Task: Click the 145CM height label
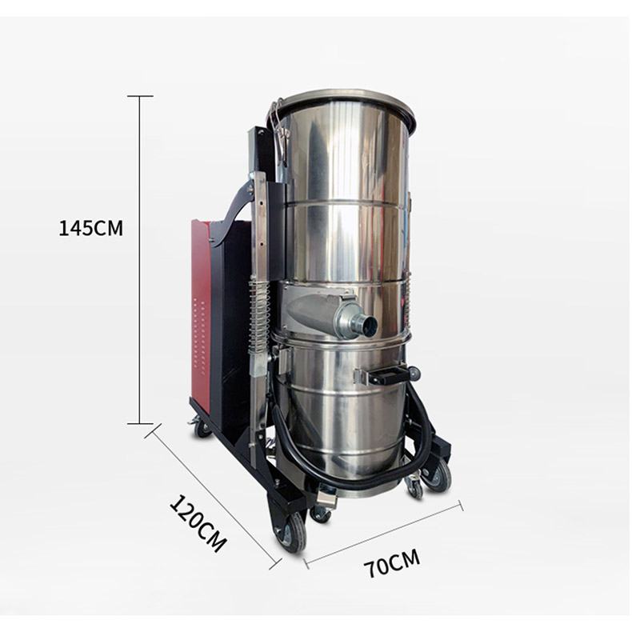click(x=90, y=228)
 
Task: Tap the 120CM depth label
click(x=198, y=523)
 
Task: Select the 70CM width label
click(x=392, y=562)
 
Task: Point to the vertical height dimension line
click(x=140, y=259)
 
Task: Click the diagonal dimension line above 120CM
click(x=214, y=496)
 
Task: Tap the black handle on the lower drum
click(x=388, y=376)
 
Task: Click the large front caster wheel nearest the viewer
click(x=290, y=532)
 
